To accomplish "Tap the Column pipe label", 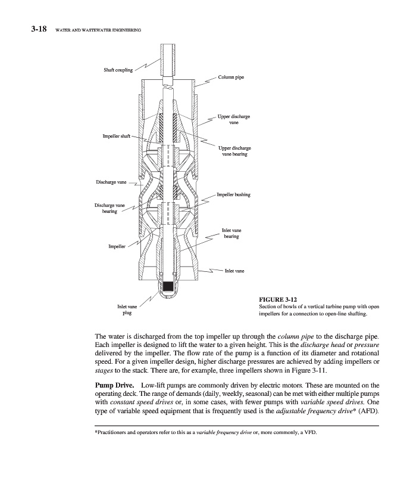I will tap(231, 78).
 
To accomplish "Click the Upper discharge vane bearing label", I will tap(234, 151).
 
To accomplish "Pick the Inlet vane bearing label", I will tap(231, 233).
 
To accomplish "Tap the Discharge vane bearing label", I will tap(109, 209).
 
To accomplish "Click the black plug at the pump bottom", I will tap(169, 286).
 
